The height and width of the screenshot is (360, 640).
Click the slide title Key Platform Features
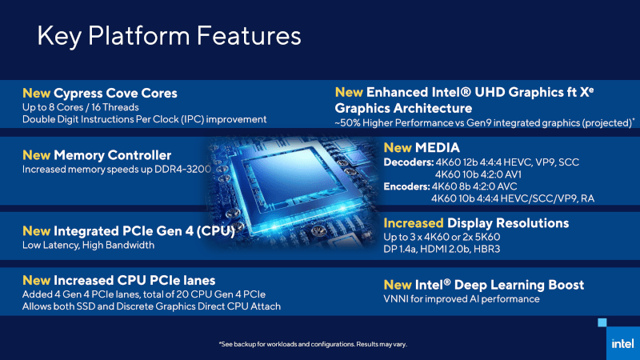coord(170,37)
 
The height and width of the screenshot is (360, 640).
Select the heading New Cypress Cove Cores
coord(100,93)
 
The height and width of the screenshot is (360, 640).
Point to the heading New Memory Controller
coord(97,155)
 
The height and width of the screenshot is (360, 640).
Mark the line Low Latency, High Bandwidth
coord(88,246)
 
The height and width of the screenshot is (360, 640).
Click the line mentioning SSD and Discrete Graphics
coord(151,306)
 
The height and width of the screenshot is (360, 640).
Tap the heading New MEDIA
coord(422,148)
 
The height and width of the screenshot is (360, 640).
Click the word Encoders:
coord(407,186)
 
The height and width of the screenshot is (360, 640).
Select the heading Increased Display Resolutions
coord(476,222)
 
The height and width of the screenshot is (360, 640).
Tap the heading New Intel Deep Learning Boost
coord(484,285)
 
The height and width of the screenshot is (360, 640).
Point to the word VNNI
coord(398,299)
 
